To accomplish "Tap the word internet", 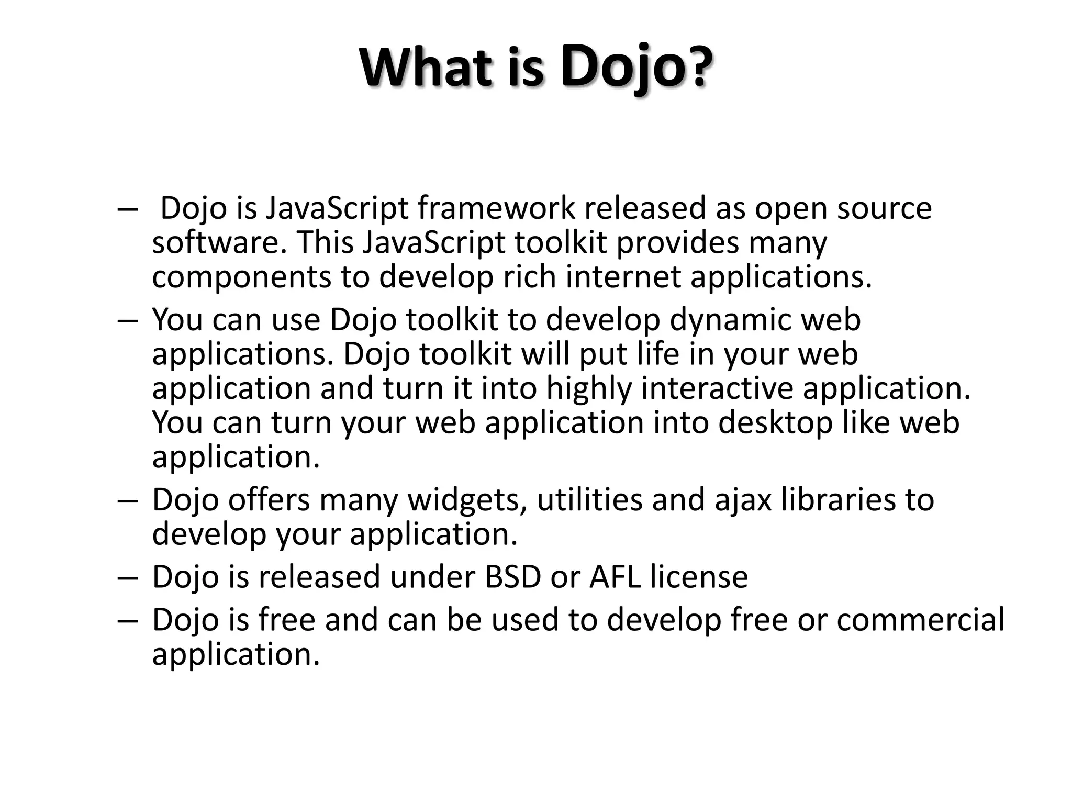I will pyautogui.click(x=623, y=277).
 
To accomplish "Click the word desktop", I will pyautogui.click(x=775, y=423).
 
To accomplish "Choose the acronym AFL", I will pyautogui.click(x=616, y=577).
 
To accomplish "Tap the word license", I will pyautogui.click(x=699, y=577).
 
